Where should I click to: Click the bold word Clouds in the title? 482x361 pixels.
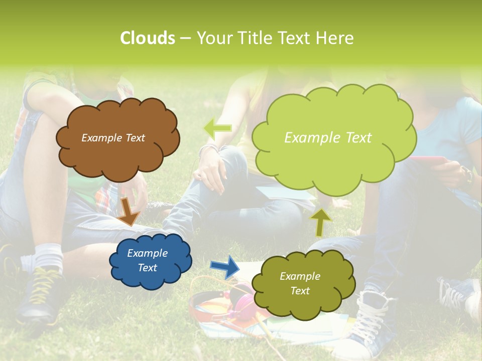click(147, 38)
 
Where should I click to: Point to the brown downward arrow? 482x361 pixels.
click(130, 210)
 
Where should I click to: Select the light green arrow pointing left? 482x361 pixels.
click(217, 128)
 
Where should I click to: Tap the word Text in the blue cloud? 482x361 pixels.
click(147, 268)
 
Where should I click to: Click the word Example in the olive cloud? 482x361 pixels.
click(300, 276)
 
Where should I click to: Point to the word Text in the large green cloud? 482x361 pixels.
click(356, 138)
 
